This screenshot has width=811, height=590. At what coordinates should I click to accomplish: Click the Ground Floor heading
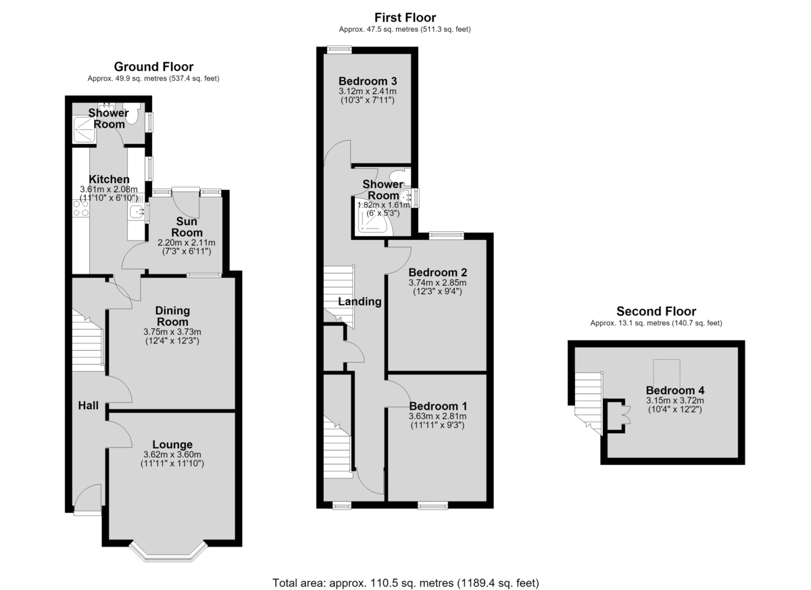point(153,67)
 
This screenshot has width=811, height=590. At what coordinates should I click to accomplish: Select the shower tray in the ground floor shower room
point(84,130)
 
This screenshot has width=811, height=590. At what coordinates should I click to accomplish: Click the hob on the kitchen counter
point(80,208)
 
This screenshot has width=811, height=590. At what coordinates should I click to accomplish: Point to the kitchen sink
point(136,212)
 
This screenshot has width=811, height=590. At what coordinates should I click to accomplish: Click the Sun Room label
point(187,226)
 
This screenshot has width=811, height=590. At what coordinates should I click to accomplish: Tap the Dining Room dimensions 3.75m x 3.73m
point(172,332)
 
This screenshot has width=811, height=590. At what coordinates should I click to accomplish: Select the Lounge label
point(172,444)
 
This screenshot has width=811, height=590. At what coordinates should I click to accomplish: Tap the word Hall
point(89,405)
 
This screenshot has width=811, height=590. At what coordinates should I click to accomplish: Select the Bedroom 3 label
point(368,81)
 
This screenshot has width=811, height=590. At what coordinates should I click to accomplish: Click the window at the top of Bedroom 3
point(339,49)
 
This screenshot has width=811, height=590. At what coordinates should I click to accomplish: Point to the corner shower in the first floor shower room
point(373,216)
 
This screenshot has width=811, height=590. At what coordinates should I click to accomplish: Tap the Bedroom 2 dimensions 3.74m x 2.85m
point(437,282)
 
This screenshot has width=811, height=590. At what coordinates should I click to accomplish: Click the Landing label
point(360,301)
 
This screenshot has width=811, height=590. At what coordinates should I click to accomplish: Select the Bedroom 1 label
point(438,406)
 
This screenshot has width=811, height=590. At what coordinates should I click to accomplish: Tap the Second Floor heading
point(656,312)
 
